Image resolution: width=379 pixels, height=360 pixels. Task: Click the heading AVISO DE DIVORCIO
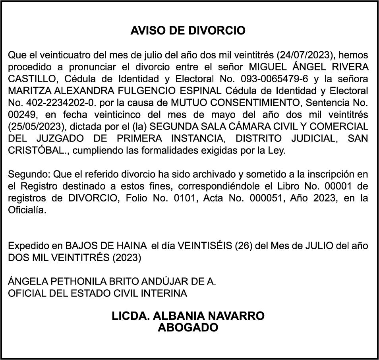click(188, 31)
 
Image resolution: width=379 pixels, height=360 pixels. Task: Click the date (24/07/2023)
click(304, 54)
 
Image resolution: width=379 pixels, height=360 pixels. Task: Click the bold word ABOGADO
click(188, 328)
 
